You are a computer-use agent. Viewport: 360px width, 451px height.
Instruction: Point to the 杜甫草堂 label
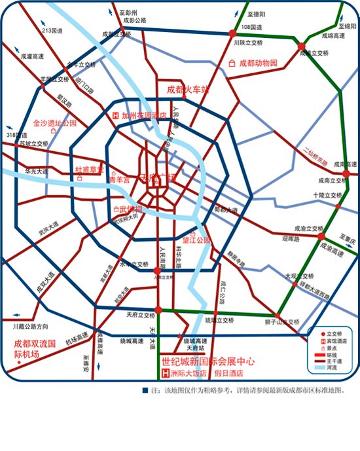tap(89, 169)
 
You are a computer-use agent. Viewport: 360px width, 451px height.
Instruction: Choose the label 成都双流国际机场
tap(37, 348)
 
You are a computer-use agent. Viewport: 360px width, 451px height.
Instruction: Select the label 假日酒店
tap(230, 374)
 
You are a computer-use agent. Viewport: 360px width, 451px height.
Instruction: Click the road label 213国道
tap(51, 30)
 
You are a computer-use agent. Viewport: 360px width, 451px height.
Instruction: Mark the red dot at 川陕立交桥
tap(232, 33)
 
